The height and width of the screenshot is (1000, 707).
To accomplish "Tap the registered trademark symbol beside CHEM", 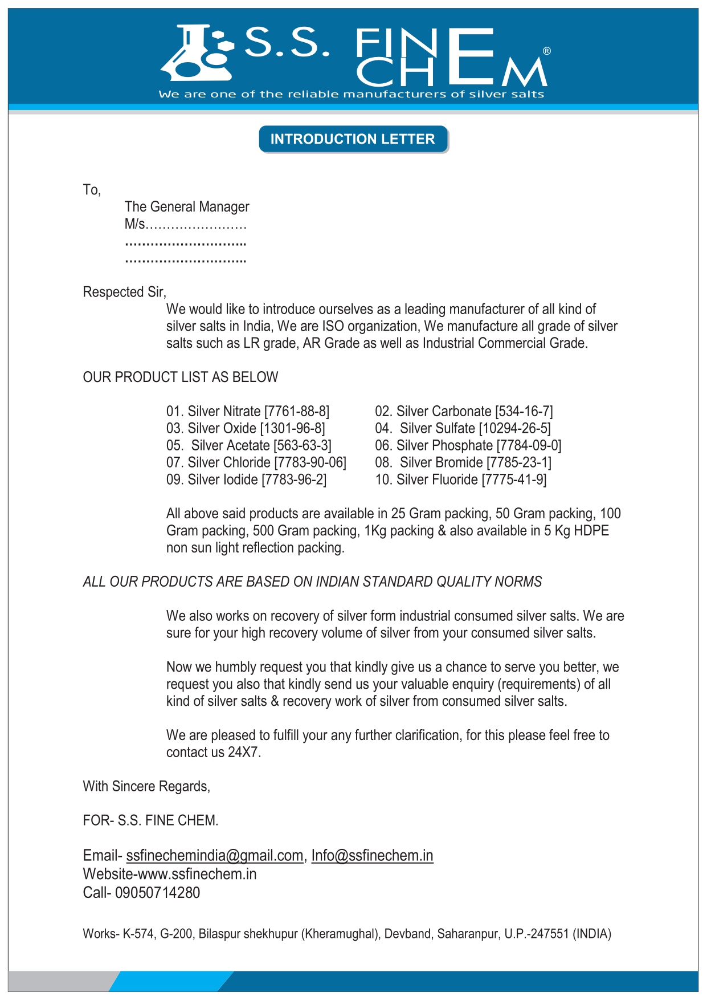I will click(547, 51).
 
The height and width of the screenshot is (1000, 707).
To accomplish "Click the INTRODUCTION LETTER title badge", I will click(353, 139).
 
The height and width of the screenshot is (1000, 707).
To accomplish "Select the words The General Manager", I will click(187, 206).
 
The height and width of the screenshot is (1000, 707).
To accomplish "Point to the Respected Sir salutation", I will click(124, 292).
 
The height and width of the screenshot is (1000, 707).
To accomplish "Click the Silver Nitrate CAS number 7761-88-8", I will click(297, 411).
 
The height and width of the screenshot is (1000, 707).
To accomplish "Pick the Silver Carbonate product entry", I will click(464, 411).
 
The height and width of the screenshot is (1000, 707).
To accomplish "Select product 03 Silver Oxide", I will click(246, 428).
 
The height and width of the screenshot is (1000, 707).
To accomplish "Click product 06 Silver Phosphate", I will click(468, 445).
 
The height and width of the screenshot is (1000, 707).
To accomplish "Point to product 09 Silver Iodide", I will click(246, 479).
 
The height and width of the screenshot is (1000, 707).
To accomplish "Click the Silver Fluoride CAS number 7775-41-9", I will click(514, 479).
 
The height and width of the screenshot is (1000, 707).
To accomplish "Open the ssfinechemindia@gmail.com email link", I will click(215, 855).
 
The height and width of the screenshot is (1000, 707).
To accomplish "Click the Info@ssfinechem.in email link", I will click(372, 855).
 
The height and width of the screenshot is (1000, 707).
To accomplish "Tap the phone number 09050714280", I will click(157, 892).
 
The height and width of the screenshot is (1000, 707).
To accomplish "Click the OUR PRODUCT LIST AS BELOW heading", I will click(181, 377).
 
